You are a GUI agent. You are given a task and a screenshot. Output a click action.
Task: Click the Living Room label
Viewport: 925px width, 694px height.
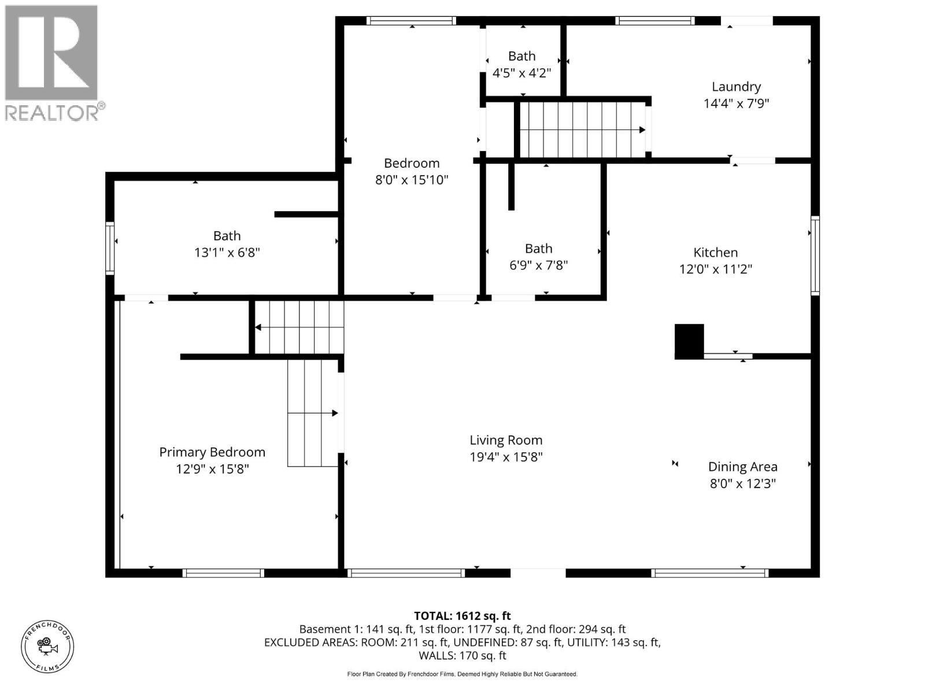click(x=506, y=440)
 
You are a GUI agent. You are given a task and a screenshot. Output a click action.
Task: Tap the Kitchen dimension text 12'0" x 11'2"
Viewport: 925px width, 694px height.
click(x=716, y=269)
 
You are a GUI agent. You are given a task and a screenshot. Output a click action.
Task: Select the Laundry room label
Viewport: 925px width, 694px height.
click(x=736, y=87)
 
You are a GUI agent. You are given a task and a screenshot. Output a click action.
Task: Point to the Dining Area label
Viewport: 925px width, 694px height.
click(x=742, y=467)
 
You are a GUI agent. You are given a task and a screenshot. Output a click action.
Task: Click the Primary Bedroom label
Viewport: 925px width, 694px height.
click(x=212, y=452)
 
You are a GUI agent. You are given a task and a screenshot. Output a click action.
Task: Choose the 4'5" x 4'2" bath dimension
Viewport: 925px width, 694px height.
click(x=521, y=73)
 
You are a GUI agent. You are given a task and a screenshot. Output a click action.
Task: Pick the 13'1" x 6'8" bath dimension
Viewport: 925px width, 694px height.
click(x=227, y=252)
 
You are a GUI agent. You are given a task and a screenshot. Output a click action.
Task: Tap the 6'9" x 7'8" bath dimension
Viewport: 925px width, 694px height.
click(x=538, y=265)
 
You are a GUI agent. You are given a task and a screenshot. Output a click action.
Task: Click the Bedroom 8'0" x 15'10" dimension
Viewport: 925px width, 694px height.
click(x=412, y=180)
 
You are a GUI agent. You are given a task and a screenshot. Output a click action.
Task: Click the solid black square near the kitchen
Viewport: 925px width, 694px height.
click(x=689, y=341)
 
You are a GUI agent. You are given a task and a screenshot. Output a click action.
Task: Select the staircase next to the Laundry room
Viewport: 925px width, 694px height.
click(x=582, y=130)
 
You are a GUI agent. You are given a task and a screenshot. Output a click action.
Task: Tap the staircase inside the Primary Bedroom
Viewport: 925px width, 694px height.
click(x=312, y=412)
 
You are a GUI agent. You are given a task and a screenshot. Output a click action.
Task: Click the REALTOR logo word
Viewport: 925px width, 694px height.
click(x=52, y=113)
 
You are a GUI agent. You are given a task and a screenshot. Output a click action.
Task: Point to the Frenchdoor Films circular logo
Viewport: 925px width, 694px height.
click(x=47, y=646)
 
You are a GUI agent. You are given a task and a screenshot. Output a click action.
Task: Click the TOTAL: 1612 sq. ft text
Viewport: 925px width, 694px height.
click(x=462, y=616)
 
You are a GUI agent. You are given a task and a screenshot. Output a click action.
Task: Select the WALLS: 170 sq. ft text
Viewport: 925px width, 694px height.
click(x=462, y=655)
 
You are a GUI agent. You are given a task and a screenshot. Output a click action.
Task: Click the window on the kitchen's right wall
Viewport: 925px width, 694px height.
click(x=815, y=256)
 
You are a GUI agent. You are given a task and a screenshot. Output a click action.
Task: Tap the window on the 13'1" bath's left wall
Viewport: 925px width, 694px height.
click(x=109, y=248)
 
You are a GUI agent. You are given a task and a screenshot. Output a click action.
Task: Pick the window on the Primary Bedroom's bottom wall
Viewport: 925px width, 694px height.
click(x=223, y=573)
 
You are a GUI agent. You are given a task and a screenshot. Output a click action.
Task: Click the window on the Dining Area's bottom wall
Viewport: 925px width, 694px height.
click(x=709, y=573)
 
